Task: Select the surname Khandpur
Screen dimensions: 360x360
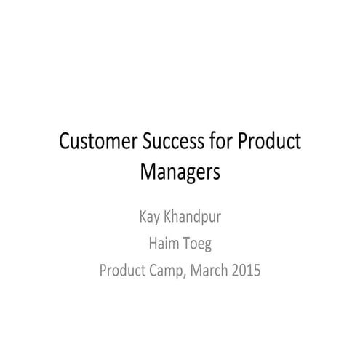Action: tap(191, 217)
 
